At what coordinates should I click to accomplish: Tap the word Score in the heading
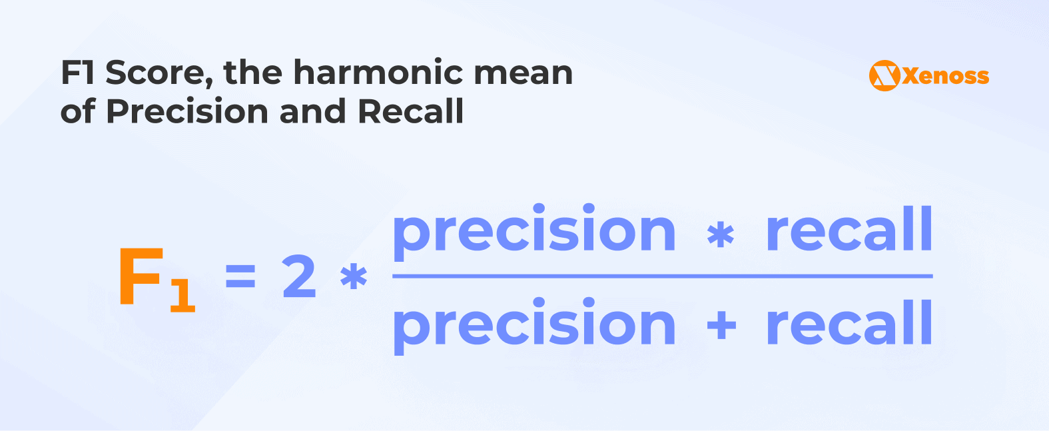(x=159, y=73)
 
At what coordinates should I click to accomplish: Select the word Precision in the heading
(x=187, y=111)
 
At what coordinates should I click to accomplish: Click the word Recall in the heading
(x=411, y=111)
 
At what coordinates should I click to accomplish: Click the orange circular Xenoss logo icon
(x=884, y=75)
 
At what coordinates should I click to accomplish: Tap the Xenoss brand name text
(x=946, y=76)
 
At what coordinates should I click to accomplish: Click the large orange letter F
(x=141, y=276)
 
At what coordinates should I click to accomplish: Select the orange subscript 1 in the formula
(x=182, y=295)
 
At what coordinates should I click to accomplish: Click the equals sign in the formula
(x=240, y=275)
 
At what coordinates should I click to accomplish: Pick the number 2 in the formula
(x=299, y=276)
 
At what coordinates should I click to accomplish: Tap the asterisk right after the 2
(x=354, y=277)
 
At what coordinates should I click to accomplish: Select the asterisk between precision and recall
(x=720, y=234)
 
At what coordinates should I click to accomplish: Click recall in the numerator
(x=849, y=228)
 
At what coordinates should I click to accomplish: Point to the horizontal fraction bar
(x=663, y=276)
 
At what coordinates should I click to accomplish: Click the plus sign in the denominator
(x=721, y=325)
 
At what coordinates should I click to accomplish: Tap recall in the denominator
(x=849, y=322)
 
